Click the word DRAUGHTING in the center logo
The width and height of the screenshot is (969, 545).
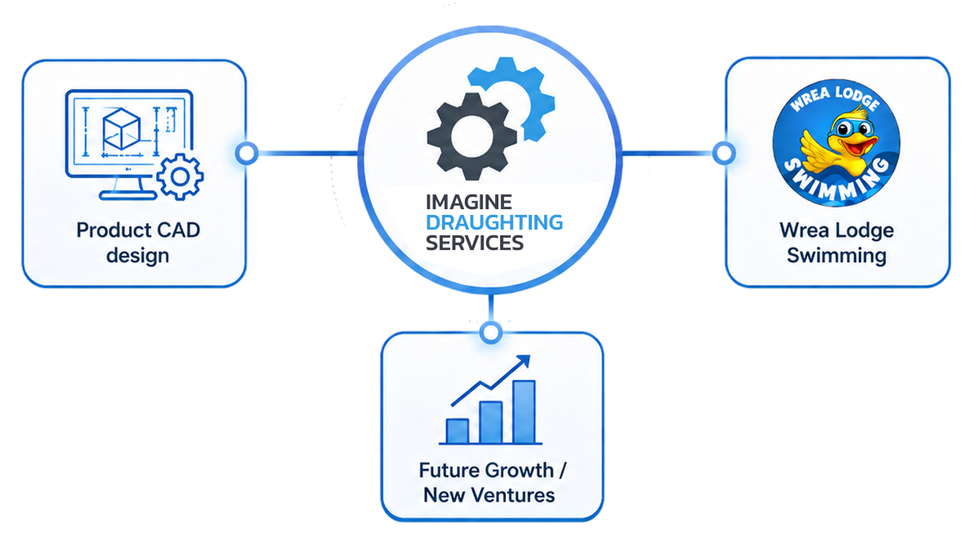pos(494,222)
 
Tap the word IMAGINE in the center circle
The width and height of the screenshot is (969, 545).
pos(468,202)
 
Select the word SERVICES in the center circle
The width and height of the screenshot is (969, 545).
pos(475,243)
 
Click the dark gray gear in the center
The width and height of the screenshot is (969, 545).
pos(472,136)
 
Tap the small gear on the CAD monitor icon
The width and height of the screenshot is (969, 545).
pos(180,177)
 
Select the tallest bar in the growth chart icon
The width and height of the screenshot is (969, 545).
pos(524,412)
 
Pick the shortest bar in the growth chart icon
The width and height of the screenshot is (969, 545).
pos(458,431)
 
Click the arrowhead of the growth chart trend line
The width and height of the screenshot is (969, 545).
pos(524,361)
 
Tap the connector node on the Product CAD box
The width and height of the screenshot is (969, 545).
pos(247,154)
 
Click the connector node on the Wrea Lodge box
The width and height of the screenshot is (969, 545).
pos(724,153)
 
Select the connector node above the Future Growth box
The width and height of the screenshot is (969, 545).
pos(491,333)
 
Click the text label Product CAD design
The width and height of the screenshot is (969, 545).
pos(138,242)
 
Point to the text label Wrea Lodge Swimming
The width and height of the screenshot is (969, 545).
pos(837,242)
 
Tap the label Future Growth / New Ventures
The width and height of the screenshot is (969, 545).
pos(492,483)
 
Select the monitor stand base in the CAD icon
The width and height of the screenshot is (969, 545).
pos(128,196)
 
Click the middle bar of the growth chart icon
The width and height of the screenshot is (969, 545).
pos(491,422)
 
